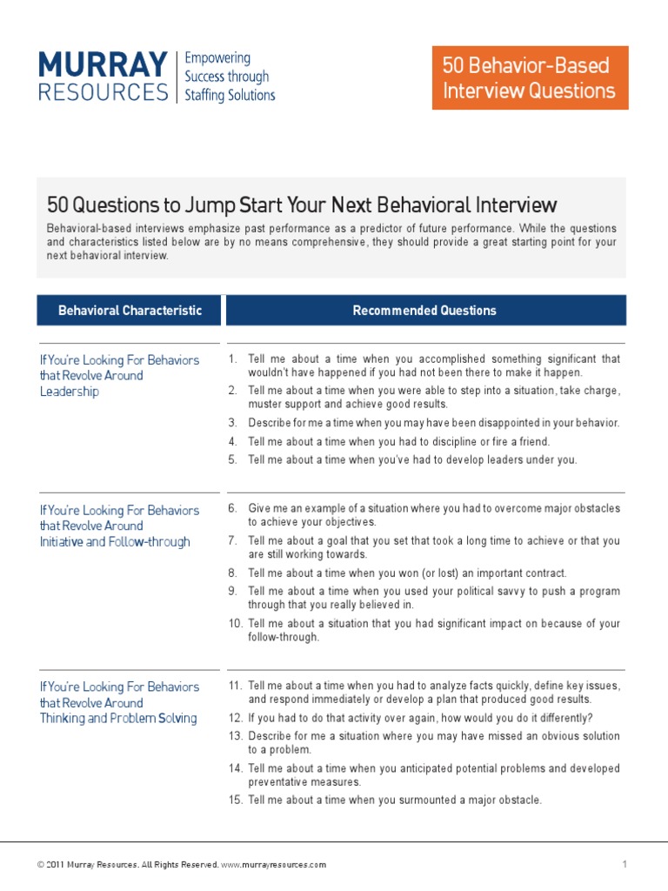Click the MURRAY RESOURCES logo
(104, 77)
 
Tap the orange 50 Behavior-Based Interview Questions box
(530, 78)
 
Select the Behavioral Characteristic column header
(130, 311)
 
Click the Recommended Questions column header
(424, 311)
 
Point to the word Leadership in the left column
(70, 392)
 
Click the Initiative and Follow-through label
(115, 542)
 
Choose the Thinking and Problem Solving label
(118, 719)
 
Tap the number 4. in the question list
(233, 442)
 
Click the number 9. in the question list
(233, 592)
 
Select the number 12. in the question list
(235, 718)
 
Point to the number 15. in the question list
(235, 801)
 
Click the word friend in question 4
(533, 442)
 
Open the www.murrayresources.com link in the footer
(274, 865)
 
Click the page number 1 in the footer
(625, 864)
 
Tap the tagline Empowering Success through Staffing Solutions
(230, 77)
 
